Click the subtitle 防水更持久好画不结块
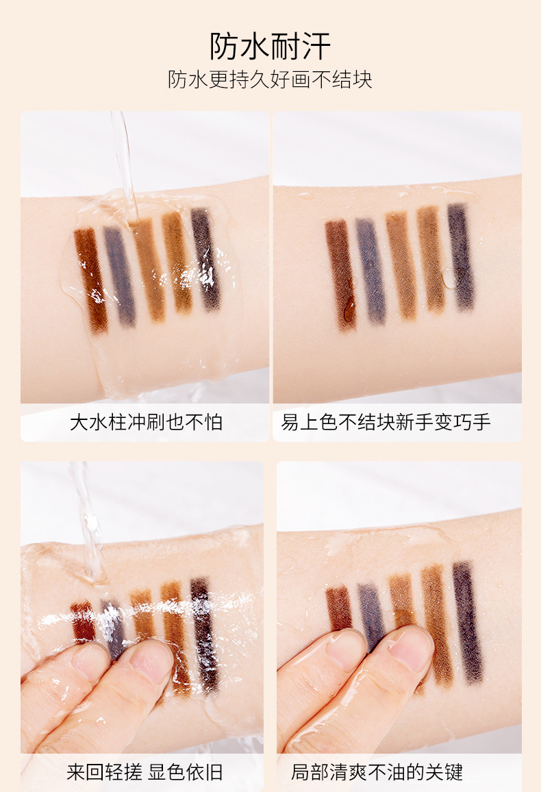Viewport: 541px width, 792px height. [x=270, y=79]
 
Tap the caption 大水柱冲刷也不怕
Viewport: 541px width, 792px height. [x=146, y=422]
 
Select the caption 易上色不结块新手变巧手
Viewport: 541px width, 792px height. [x=386, y=422]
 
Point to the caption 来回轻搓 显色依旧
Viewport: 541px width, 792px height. [x=144, y=772]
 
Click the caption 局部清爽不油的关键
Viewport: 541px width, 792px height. [x=377, y=772]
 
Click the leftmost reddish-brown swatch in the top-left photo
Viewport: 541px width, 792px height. [x=91, y=281]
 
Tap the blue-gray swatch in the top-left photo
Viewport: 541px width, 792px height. [x=120, y=275]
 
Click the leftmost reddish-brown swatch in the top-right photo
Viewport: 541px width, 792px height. [x=341, y=275]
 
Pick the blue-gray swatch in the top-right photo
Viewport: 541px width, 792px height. [x=371, y=271]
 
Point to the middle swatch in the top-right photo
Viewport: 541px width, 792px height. [x=402, y=266]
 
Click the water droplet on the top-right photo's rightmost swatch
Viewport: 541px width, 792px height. [x=450, y=278]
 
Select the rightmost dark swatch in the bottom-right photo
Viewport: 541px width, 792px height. [x=468, y=623]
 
